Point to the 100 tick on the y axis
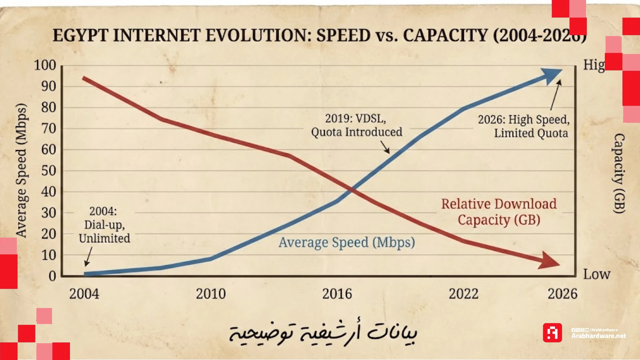pos(45,65)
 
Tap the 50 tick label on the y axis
pos(48,171)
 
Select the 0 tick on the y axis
pos(52,276)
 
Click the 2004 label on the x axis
pos(84,294)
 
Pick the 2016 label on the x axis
pos(337,294)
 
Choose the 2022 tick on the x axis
pos(463,294)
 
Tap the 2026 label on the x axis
pos(562,294)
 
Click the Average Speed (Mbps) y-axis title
pos(21,170)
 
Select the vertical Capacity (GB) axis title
pos(619,173)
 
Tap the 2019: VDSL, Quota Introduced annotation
pos(356,125)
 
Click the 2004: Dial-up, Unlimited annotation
pos(104,225)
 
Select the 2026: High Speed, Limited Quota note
pos(524,126)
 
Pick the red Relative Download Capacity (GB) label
pos(499,212)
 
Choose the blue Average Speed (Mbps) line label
pos(347,242)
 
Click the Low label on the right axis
pos(596,274)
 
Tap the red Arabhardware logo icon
pos(552,333)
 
